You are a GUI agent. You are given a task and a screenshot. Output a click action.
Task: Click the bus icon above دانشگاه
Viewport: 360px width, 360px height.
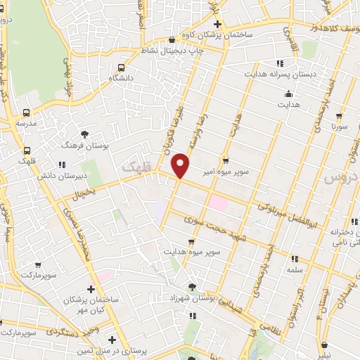pos(122,67)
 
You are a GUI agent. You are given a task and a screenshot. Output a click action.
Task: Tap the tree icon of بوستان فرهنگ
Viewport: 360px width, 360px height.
pos(85,133)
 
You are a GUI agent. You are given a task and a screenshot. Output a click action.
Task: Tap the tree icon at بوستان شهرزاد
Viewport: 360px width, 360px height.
pos(193,287)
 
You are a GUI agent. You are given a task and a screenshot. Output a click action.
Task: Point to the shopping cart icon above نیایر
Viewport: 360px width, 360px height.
pos(325,345)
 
